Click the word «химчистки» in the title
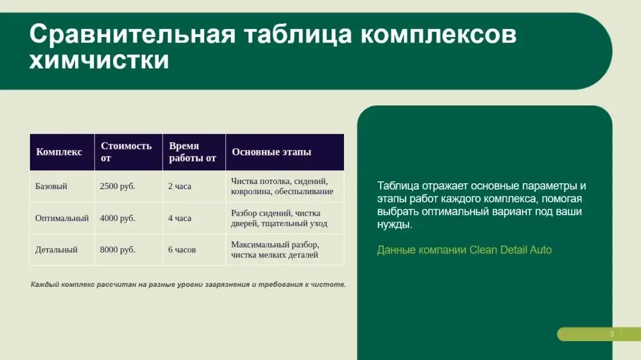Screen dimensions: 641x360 [99, 61]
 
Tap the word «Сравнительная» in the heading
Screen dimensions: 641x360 [132, 35]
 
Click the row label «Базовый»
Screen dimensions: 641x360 [51, 186]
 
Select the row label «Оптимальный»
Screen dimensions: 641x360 [62, 218]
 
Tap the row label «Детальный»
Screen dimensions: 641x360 [57, 249]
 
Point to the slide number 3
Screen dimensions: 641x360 [611, 334]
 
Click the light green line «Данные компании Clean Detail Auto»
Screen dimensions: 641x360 [464, 250]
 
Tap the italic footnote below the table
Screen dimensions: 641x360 [188, 284]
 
